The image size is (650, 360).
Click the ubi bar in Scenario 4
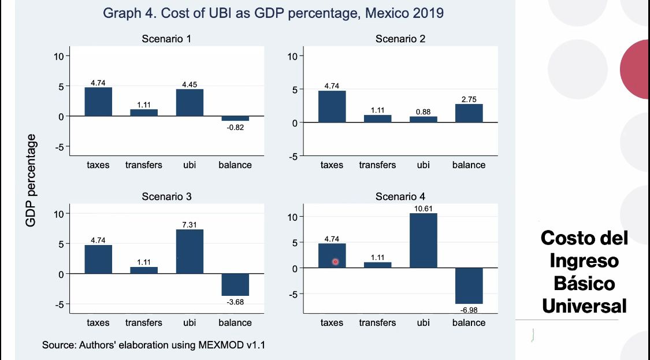click(423, 240)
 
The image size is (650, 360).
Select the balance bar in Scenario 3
click(235, 284)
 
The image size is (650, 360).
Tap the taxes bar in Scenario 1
click(98, 102)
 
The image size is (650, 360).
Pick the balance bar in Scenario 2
click(469, 113)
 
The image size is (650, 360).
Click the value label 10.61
click(423, 208)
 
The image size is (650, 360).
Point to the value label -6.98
click(469, 310)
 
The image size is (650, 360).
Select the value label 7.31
click(190, 224)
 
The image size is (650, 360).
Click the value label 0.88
click(423, 112)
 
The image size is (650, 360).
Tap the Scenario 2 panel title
click(400, 39)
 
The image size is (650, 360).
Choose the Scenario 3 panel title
click(166, 196)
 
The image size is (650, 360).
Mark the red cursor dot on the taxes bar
click(335, 262)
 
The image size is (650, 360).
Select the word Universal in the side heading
click(584, 306)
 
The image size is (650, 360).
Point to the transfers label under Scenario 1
click(144, 165)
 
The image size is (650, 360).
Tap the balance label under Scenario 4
click(469, 322)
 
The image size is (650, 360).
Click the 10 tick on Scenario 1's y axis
click(59, 56)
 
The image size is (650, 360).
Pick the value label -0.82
click(235, 128)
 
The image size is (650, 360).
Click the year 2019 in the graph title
click(424, 13)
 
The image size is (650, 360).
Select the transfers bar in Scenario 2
click(377, 118)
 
